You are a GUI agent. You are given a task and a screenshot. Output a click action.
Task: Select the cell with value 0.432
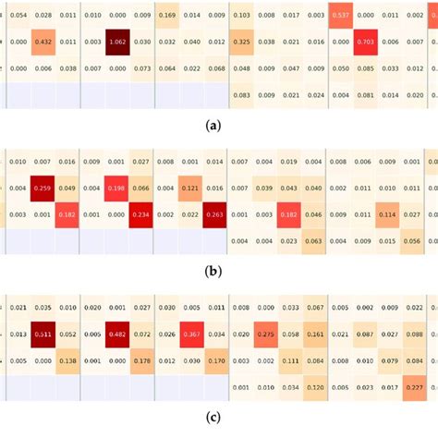click(43, 42)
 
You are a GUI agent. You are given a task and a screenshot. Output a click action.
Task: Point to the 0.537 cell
click(340, 16)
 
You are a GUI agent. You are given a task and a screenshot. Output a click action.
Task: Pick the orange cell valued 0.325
click(241, 42)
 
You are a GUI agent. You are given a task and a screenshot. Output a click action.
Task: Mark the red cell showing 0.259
click(43, 189)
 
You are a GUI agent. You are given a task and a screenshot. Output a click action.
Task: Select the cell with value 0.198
click(117, 189)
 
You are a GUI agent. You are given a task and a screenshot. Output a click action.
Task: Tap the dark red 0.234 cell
click(141, 214)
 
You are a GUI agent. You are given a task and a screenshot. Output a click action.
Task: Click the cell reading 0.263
click(215, 214)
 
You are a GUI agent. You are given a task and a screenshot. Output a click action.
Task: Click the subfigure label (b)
click(219, 272)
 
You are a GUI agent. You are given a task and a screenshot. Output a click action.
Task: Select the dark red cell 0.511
click(43, 335)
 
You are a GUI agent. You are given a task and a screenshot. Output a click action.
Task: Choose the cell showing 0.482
click(117, 335)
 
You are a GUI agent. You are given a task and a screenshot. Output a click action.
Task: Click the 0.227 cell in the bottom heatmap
click(413, 387)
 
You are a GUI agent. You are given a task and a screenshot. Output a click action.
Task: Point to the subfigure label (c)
click(219, 418)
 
